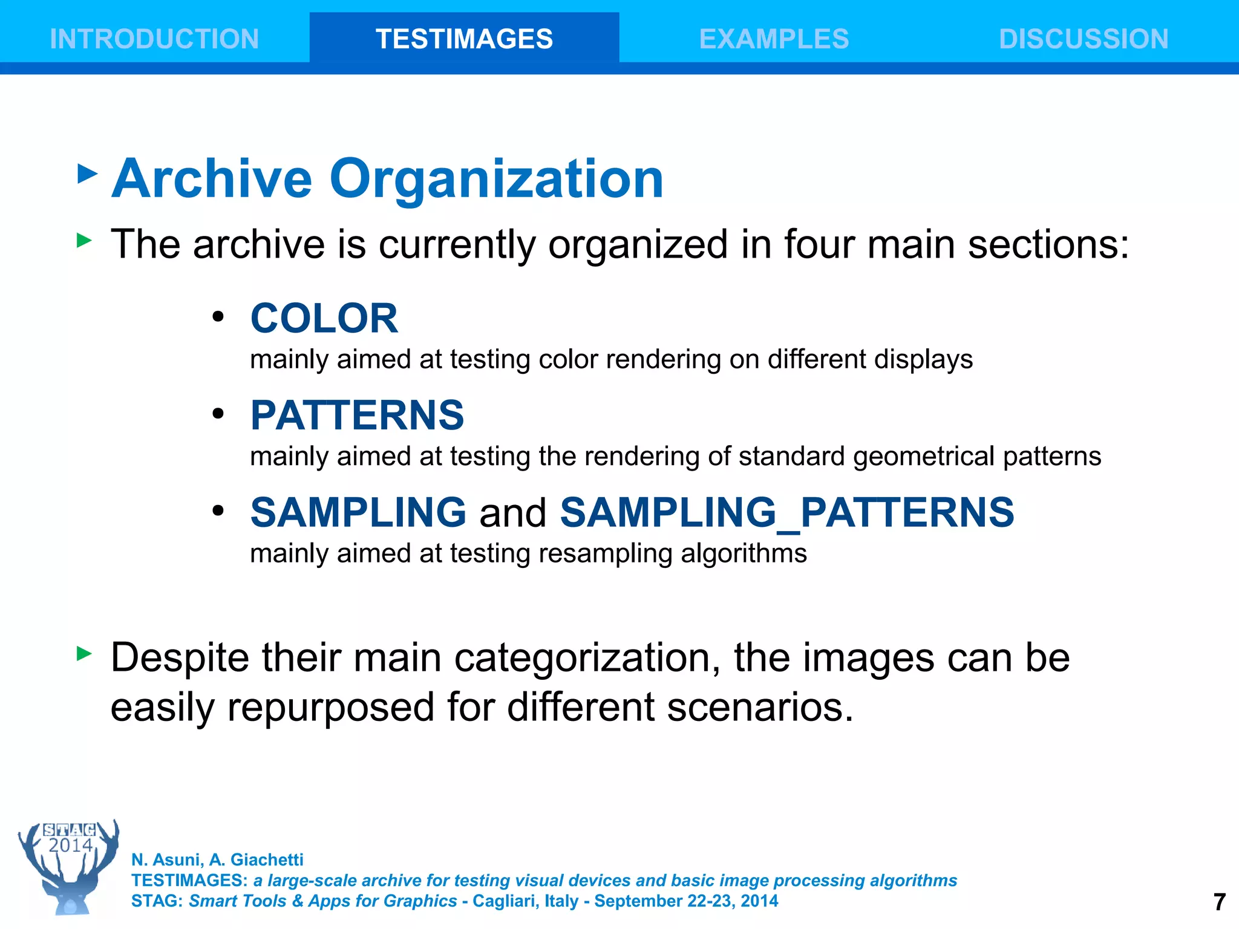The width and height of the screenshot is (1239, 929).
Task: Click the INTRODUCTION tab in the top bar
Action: pos(154,39)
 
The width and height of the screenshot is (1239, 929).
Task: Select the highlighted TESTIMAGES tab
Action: pos(464,39)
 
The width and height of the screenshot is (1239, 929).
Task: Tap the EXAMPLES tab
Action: pos(774,39)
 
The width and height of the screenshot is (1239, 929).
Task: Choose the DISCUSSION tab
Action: pos(1084,39)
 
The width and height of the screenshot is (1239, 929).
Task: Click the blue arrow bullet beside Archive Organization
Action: pos(88,174)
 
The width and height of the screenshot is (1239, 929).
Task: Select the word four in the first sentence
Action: pos(819,244)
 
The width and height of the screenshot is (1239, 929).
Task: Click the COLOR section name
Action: pos(324,318)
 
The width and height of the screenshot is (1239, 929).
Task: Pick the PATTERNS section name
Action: pos(357,416)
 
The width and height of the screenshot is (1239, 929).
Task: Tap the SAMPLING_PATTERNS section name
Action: pos(786,513)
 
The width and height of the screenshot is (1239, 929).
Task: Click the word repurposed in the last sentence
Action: pos(331,708)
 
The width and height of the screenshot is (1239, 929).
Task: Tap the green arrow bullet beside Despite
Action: pos(85,653)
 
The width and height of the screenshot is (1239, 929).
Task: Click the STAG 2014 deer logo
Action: pos(69,866)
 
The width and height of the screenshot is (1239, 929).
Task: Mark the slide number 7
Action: pos(1220,902)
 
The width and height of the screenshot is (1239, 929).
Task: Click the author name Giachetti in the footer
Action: pos(267,859)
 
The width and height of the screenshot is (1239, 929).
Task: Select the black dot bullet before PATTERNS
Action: pos(218,414)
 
